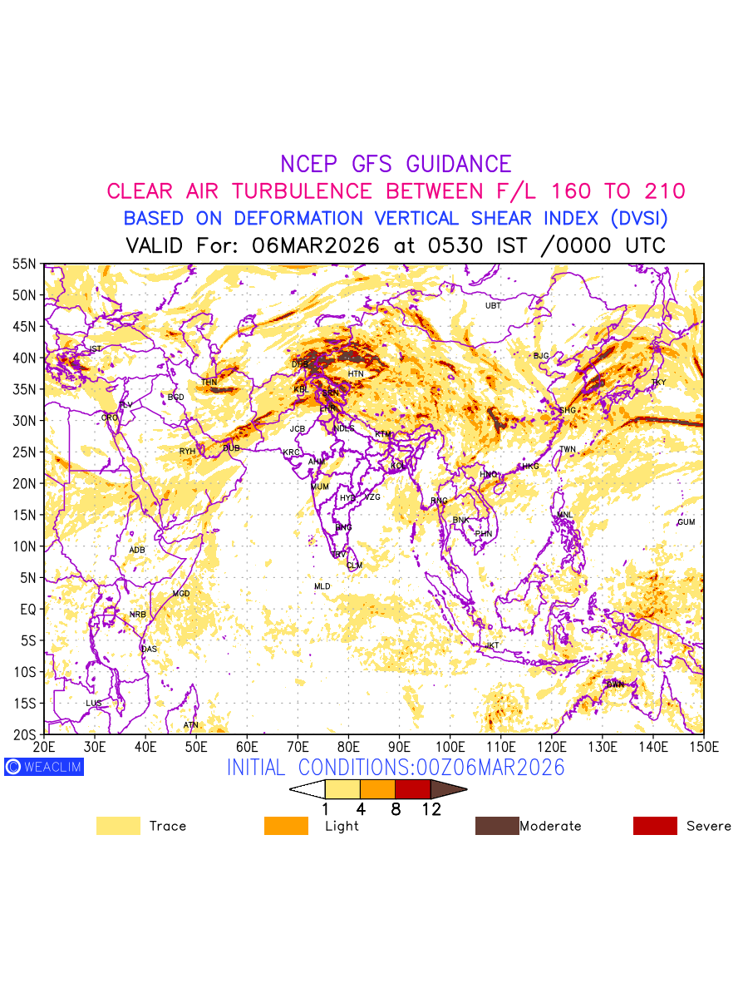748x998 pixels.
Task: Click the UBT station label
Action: (x=493, y=306)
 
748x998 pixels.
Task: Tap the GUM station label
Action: (x=686, y=522)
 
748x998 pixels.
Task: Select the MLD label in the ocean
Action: (x=322, y=587)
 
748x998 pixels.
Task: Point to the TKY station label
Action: (x=658, y=383)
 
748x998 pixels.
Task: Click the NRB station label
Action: (x=137, y=615)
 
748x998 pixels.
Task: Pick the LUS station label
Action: (x=94, y=704)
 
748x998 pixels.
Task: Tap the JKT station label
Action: (x=493, y=645)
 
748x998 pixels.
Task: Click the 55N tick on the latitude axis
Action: (x=24, y=264)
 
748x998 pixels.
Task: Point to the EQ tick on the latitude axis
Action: (x=27, y=609)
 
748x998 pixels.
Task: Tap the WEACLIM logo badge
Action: (x=43, y=767)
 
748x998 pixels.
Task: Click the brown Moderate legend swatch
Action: (x=496, y=826)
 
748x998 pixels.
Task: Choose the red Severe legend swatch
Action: (x=655, y=826)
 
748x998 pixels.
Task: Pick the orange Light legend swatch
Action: (x=286, y=826)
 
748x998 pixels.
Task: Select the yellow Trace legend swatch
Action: (x=118, y=826)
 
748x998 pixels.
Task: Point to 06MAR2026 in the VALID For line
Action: (x=316, y=246)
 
